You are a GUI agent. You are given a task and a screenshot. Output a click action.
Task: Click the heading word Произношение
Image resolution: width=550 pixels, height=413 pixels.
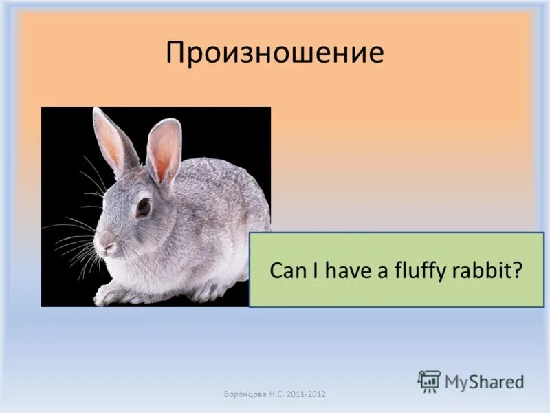pyautogui.click(x=274, y=53)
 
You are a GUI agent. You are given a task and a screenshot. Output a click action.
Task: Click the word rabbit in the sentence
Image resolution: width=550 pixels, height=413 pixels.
pyautogui.click(x=485, y=270)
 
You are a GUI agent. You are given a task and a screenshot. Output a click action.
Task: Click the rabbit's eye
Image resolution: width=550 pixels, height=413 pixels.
pyautogui.click(x=143, y=206)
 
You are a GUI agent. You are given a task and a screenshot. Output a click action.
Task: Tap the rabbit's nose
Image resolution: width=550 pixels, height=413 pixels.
pyautogui.click(x=102, y=242)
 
